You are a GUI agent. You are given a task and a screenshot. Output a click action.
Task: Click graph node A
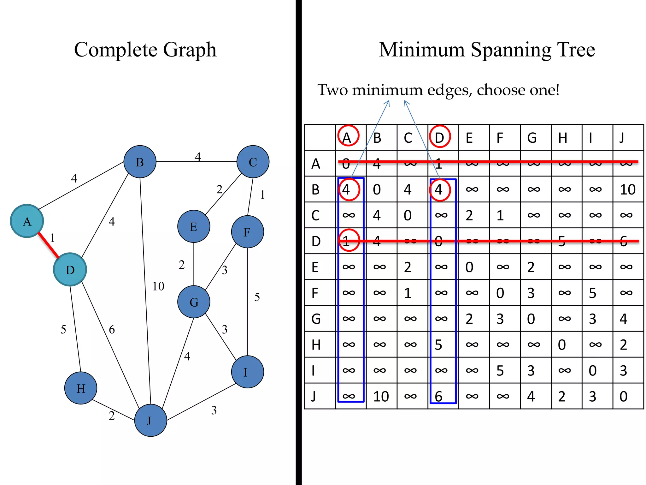[x=27, y=221]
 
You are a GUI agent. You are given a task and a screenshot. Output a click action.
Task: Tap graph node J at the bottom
[x=150, y=420]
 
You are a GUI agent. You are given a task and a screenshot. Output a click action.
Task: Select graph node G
[x=194, y=302]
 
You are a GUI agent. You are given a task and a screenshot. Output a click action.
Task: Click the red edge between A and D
[x=49, y=245]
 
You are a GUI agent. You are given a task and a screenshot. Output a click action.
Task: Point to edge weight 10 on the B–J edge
[x=158, y=286]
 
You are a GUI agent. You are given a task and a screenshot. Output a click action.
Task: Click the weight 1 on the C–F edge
[x=262, y=195]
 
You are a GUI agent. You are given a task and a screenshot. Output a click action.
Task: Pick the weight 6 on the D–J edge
[x=112, y=330]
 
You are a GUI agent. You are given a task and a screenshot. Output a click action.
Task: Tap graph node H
[x=81, y=388]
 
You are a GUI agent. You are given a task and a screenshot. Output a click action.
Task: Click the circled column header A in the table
[x=348, y=136]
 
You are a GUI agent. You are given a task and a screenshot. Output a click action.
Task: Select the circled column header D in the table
[x=440, y=136]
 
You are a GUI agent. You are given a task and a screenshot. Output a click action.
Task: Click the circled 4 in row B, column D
[x=440, y=190]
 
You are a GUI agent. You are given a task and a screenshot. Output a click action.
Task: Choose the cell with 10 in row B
[x=627, y=190]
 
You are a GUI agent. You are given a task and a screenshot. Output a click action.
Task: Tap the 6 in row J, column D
[x=438, y=396]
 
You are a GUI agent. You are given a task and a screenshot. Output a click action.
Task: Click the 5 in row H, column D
[x=438, y=345]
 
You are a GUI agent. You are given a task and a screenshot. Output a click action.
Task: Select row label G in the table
[x=316, y=319]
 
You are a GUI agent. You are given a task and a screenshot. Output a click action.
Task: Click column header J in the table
[x=622, y=138]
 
